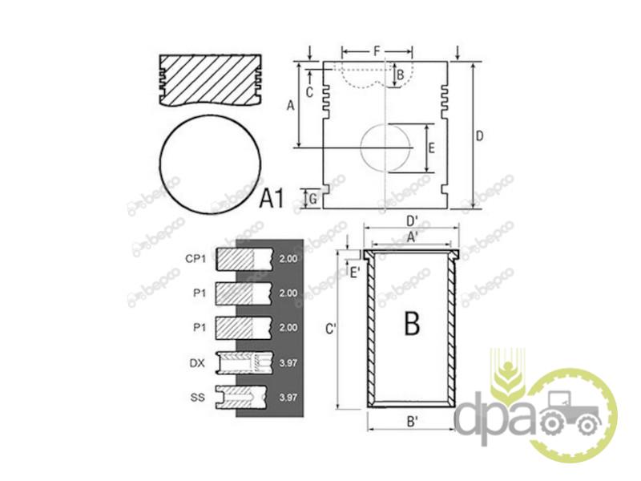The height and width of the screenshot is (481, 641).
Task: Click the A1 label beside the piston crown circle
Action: pyautogui.click(x=272, y=198)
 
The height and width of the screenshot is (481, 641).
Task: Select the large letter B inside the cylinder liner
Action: pyautogui.click(x=412, y=323)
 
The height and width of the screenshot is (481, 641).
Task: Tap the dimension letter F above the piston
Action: pyautogui.click(x=377, y=51)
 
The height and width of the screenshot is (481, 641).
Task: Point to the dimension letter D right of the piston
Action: pyautogui.click(x=479, y=135)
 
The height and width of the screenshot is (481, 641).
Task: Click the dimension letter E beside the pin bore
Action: pyautogui.click(x=432, y=148)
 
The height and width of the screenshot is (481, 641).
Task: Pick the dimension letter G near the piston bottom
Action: pyautogui.click(x=312, y=199)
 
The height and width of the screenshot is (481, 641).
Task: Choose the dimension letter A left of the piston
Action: pyautogui.click(x=290, y=106)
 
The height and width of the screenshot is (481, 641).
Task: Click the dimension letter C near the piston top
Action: pyautogui.click(x=309, y=92)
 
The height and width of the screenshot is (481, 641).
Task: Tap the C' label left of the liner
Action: pyautogui.click(x=330, y=329)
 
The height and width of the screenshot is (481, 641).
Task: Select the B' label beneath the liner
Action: pyautogui.click(x=412, y=422)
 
